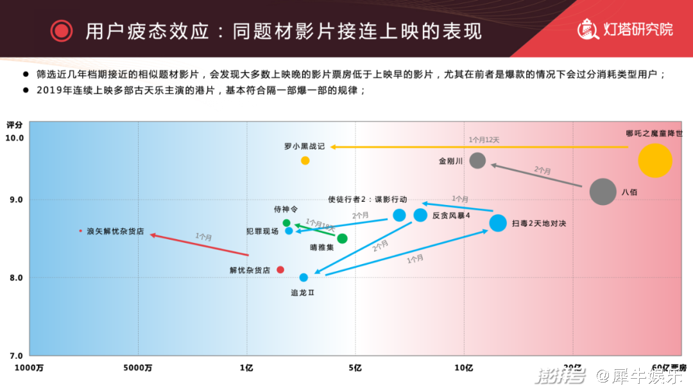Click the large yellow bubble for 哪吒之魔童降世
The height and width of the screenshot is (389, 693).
click(x=654, y=160)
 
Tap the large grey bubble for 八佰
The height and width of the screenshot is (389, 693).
click(x=603, y=192)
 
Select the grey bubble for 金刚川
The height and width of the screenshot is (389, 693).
click(x=477, y=160)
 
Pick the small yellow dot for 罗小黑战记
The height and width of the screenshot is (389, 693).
click(x=305, y=160)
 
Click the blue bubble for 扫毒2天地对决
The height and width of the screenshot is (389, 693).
click(x=498, y=223)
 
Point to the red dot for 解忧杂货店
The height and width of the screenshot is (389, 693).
click(x=280, y=270)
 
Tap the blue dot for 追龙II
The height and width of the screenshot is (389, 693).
click(x=304, y=277)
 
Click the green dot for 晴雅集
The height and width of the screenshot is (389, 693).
click(x=342, y=238)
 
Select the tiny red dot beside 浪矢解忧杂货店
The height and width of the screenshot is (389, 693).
click(x=80, y=231)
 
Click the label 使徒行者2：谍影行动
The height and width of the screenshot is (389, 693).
click(x=367, y=199)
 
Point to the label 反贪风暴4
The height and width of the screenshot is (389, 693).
click(x=451, y=215)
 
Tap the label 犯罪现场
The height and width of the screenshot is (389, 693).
click(x=262, y=231)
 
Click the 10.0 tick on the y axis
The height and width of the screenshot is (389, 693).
click(x=15, y=138)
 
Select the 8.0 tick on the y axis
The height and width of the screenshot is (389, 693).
click(x=16, y=277)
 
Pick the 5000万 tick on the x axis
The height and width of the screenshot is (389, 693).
click(x=137, y=368)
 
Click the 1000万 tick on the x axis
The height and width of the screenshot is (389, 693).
click(x=30, y=368)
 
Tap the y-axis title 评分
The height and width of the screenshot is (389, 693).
click(x=14, y=125)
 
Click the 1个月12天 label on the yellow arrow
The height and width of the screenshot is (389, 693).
click(x=484, y=139)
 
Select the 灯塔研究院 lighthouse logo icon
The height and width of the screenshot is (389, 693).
click(x=588, y=29)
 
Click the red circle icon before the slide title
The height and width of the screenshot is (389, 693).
click(x=62, y=30)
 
